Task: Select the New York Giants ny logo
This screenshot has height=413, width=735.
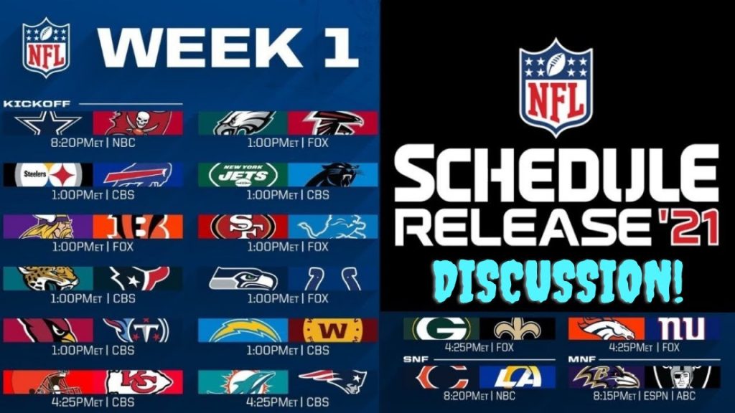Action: point(677,329)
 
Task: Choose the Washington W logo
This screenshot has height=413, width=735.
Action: point(332,330)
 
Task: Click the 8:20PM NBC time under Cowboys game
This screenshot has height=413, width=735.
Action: point(93,143)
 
